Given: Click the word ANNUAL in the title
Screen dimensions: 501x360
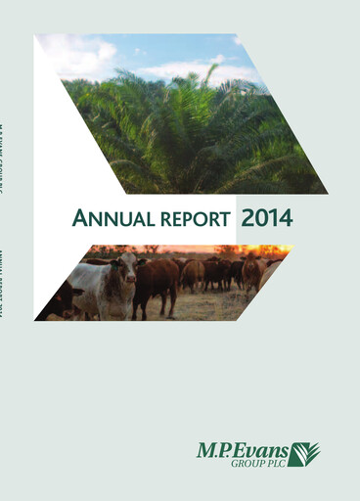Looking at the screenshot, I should [x=111, y=218].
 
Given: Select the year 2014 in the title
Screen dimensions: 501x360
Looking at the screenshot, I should [x=266, y=217].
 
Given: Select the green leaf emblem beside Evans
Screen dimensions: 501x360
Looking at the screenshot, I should [x=304, y=453].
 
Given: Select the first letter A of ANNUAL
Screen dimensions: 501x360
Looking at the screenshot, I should [x=79, y=218].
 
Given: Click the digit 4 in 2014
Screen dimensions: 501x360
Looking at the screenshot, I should [x=285, y=217].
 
